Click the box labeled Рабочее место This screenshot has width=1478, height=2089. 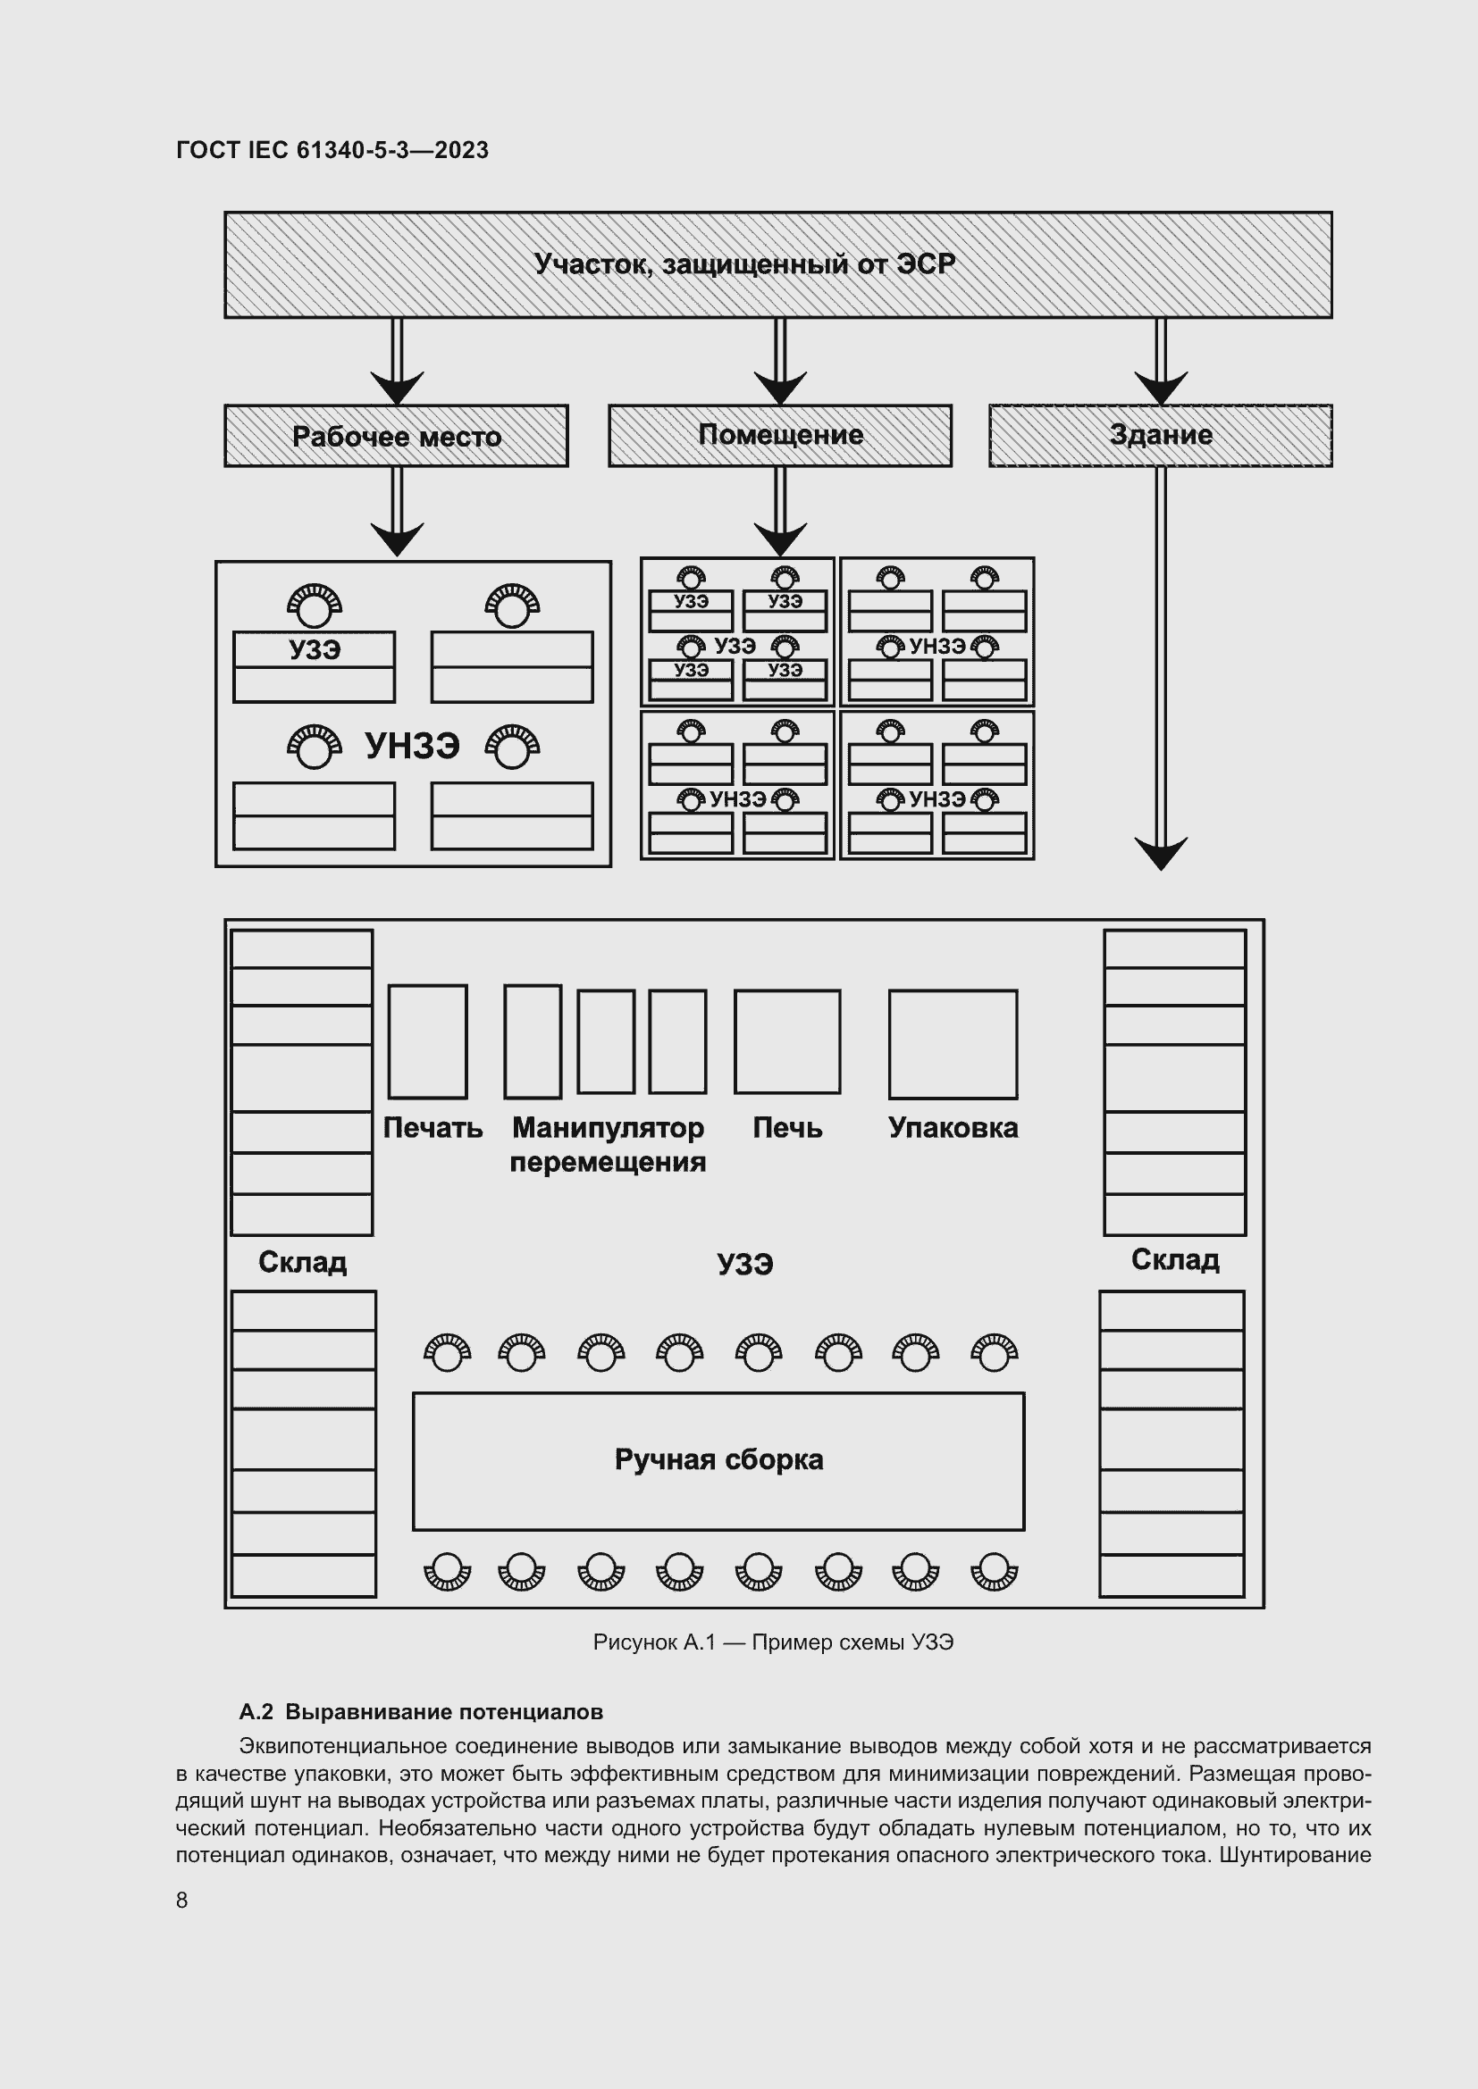(x=396, y=436)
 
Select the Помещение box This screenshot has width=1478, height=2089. (x=780, y=435)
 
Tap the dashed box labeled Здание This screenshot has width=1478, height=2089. (x=1161, y=435)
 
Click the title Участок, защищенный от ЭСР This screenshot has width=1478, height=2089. (x=744, y=263)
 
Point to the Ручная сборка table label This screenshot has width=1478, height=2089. (x=718, y=1459)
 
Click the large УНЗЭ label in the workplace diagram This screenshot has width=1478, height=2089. (x=412, y=745)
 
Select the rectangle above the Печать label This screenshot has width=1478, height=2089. (x=428, y=1040)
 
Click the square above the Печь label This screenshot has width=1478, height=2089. (x=787, y=1040)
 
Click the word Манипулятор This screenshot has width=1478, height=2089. (x=608, y=1127)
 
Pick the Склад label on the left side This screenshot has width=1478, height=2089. (x=302, y=1262)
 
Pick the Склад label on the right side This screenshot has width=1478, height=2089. (x=1175, y=1259)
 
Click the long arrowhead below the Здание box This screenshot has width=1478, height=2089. (x=1161, y=853)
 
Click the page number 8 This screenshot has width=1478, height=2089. (x=182, y=1900)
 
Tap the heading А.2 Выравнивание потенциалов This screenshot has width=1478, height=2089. (x=421, y=1711)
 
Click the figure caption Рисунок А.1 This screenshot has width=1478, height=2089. (x=773, y=1642)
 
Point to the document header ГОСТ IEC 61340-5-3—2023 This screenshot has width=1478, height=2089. (x=332, y=150)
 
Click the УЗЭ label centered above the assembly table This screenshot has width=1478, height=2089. (x=744, y=1264)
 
